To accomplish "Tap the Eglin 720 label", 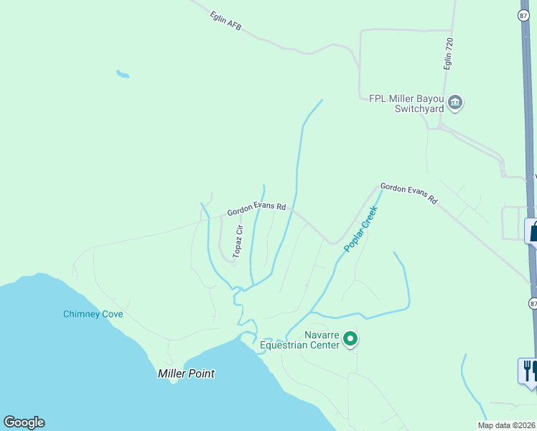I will (x=449, y=54).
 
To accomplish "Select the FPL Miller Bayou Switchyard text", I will (x=408, y=104).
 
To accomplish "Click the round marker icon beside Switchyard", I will (x=455, y=103).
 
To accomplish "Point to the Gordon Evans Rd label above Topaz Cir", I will (x=256, y=210).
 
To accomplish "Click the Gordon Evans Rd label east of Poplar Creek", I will (x=408, y=193).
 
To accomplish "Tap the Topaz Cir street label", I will (x=239, y=241).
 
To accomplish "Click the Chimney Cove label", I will (x=93, y=314).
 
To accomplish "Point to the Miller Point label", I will (x=186, y=374).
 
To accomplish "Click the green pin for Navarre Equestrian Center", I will (x=350, y=338).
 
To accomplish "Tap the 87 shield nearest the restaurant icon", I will (x=533, y=303).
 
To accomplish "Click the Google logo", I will (x=24, y=422).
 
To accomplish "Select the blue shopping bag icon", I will (x=533, y=231).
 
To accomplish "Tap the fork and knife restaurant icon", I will (x=528, y=371).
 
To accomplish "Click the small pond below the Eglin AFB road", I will (x=123, y=73).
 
